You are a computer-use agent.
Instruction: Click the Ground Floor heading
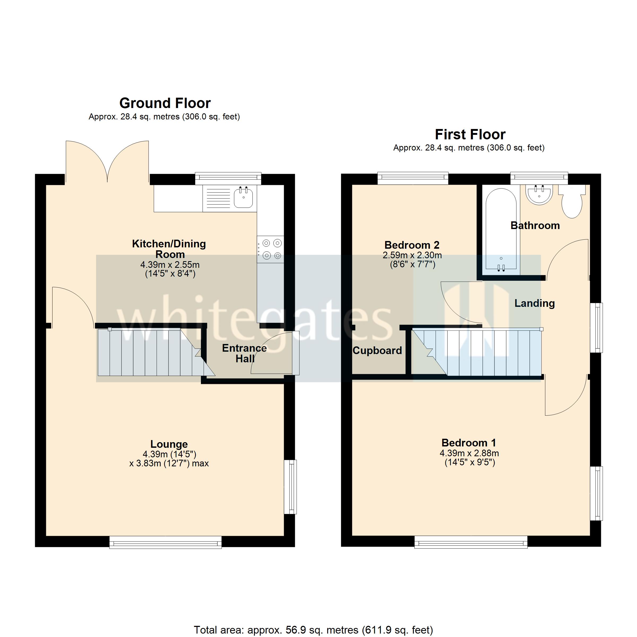click(165, 103)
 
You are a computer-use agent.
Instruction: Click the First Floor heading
click(470, 135)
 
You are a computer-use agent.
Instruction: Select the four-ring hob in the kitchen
click(270, 249)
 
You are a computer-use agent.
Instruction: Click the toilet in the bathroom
click(572, 203)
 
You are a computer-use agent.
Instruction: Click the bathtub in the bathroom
click(501, 231)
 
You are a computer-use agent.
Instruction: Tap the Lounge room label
click(169, 444)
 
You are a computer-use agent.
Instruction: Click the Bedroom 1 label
click(468, 442)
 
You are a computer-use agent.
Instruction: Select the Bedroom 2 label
click(412, 245)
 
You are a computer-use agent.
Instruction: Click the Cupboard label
click(377, 350)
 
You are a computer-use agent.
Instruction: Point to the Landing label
click(535, 303)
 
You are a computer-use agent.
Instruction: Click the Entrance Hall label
click(244, 353)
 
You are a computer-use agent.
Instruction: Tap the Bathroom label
click(535, 226)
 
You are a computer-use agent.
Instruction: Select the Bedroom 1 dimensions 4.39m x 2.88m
click(469, 453)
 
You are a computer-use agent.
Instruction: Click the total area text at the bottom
click(313, 630)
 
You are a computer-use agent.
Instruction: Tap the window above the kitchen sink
click(228, 178)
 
